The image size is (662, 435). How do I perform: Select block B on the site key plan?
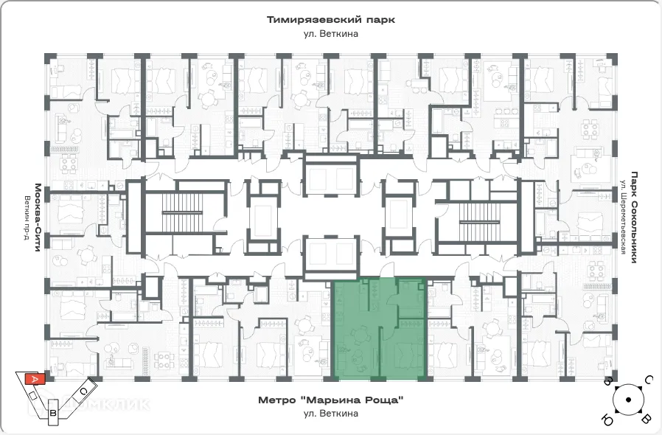click(53, 414)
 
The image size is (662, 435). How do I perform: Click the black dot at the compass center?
click(628, 400)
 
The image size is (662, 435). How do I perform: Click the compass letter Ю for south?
click(609, 420)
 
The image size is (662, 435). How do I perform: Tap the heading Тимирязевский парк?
click(331, 20)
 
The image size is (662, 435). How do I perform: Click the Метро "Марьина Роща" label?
click(331, 400)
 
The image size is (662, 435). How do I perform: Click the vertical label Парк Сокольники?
click(633, 214)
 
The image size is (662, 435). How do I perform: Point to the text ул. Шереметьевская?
click(622, 217)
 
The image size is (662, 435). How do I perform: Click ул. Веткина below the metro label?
click(331, 414)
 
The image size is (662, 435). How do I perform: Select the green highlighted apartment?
click(379, 330)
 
